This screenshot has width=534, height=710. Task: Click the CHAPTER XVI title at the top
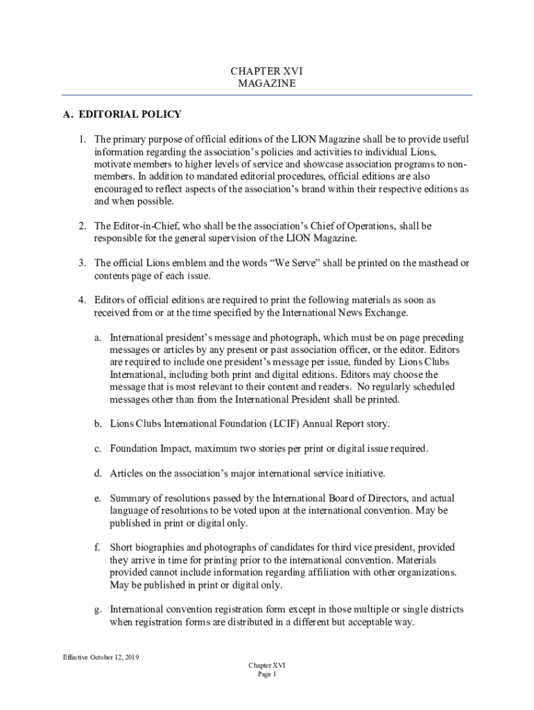pyautogui.click(x=267, y=71)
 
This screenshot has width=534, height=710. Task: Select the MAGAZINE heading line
pyautogui.click(x=267, y=83)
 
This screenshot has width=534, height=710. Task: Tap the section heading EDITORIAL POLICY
pyautogui.click(x=130, y=114)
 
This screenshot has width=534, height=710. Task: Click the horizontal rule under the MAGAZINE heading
pyautogui.click(x=267, y=94)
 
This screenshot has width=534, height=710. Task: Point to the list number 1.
pyautogui.click(x=81, y=139)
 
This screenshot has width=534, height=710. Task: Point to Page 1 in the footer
pyautogui.click(x=267, y=674)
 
